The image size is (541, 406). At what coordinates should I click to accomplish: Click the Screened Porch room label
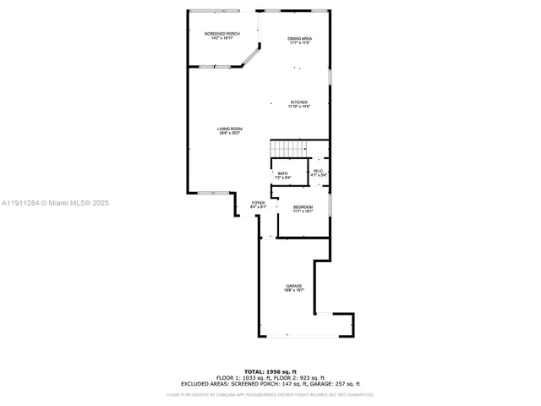pyautogui.click(x=222, y=33)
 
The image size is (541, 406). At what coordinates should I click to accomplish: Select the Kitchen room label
pyautogui.click(x=299, y=102)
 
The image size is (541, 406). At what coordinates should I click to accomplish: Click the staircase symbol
pyautogui.click(x=287, y=149)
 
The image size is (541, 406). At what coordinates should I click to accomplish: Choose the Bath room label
pyautogui.click(x=282, y=173)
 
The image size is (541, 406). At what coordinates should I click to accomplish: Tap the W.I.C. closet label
pyautogui.click(x=318, y=172)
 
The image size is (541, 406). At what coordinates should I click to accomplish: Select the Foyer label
pyautogui.click(x=259, y=203)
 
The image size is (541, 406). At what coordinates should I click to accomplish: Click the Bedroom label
pyautogui.click(x=303, y=207)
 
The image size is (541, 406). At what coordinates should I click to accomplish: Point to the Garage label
pyautogui.click(x=293, y=286)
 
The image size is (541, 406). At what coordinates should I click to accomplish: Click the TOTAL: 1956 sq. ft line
pyautogui.click(x=270, y=371)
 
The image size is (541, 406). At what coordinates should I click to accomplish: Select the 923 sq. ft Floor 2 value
pyautogui.click(x=312, y=377)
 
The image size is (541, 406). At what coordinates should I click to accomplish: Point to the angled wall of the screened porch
pyautogui.click(x=251, y=57)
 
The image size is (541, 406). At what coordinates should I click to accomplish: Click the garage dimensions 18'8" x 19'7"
pyautogui.click(x=293, y=290)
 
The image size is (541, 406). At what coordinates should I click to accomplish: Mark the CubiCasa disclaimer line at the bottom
pyautogui.click(x=270, y=394)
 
